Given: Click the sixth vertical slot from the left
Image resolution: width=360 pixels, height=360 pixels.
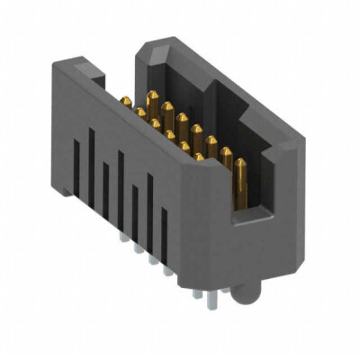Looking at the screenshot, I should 149,203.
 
